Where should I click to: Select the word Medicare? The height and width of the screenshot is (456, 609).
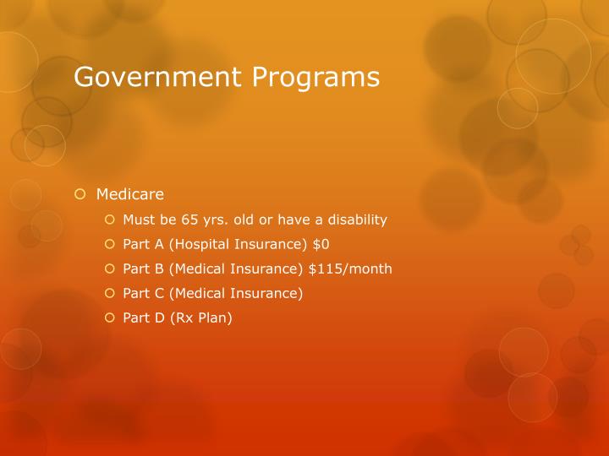[x=129, y=194]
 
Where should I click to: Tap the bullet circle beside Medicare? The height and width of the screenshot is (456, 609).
[x=80, y=194]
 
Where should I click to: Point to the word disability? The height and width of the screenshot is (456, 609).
[x=351, y=220]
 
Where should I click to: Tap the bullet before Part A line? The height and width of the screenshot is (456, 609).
[x=109, y=244]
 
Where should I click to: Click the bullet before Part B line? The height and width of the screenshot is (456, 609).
[x=109, y=269]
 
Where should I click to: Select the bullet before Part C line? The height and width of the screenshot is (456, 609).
[x=109, y=293]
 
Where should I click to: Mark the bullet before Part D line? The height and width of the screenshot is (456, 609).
[x=109, y=318]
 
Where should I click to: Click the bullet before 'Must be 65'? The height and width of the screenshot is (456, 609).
[x=109, y=220]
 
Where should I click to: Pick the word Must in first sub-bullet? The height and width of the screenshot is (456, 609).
[x=138, y=220]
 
